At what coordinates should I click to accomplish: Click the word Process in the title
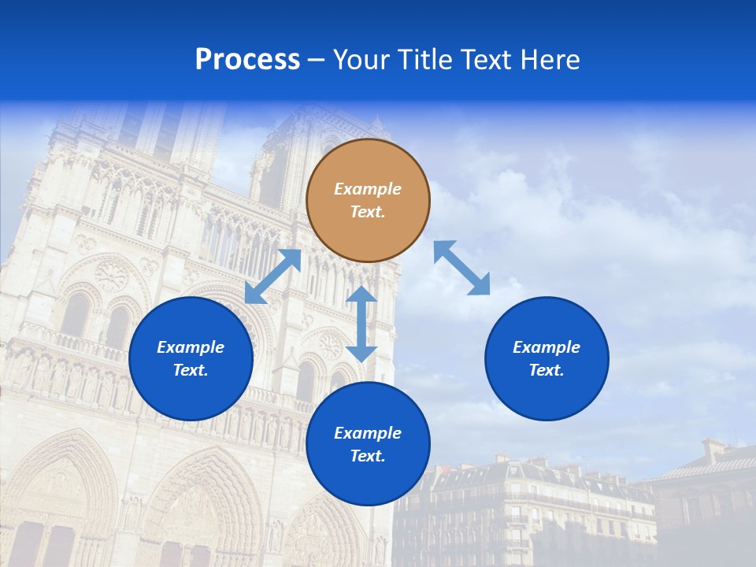click(x=247, y=60)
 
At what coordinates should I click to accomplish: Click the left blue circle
click(x=191, y=358)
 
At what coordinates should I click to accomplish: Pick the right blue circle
click(x=547, y=358)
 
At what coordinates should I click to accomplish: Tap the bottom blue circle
click(x=368, y=443)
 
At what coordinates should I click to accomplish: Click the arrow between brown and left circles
click(x=272, y=276)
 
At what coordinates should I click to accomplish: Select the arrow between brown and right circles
click(x=461, y=268)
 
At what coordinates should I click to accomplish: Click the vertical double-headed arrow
click(x=361, y=324)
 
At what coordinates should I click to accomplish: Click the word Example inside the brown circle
click(x=368, y=189)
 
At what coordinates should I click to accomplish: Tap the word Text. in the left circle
click(x=191, y=370)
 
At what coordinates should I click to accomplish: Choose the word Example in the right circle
click(x=547, y=347)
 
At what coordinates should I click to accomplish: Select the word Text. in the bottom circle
click(x=368, y=456)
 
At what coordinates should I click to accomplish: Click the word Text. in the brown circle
click(x=368, y=212)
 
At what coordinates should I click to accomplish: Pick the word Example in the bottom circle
click(x=368, y=433)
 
